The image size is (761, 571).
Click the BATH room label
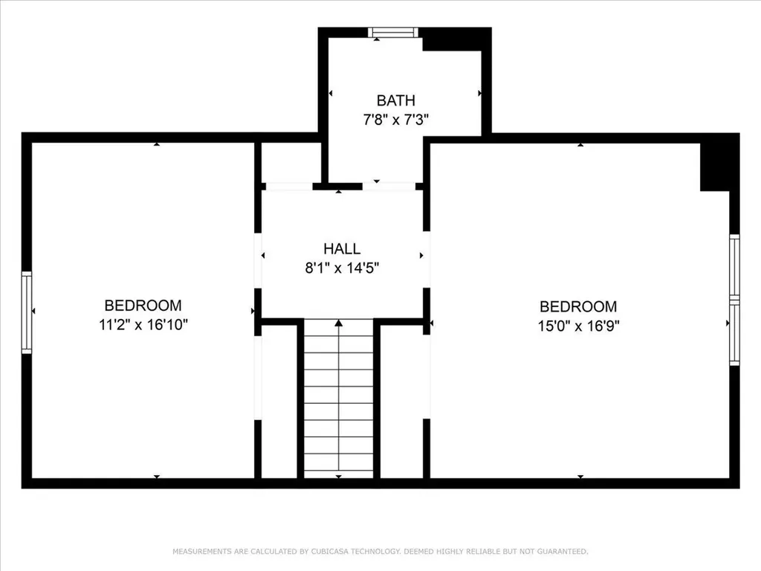[x=395, y=100]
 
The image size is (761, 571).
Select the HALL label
[x=342, y=249]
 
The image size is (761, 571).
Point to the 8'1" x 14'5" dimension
[x=342, y=268]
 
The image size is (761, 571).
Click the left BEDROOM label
[x=143, y=306]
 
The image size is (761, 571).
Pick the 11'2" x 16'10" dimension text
[x=143, y=324]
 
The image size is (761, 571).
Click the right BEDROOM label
[x=578, y=306]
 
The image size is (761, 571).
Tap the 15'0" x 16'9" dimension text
[x=578, y=325]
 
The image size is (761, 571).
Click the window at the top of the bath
[x=394, y=32]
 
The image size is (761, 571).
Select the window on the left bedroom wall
[x=27, y=311]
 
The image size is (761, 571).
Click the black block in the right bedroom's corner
[x=716, y=165]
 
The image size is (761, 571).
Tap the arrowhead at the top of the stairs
[x=339, y=323]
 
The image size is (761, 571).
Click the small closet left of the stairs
[x=279, y=401]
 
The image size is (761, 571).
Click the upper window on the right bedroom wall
[x=734, y=266]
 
